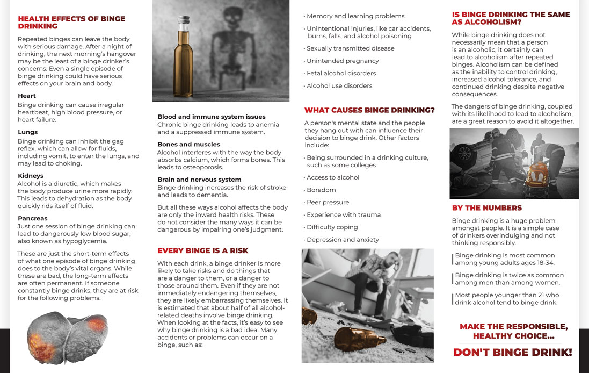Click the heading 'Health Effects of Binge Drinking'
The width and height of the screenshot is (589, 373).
(x=71, y=22)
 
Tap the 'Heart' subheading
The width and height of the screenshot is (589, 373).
(x=27, y=96)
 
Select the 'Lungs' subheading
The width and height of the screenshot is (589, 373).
(x=28, y=132)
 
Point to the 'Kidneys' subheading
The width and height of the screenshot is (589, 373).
(x=31, y=176)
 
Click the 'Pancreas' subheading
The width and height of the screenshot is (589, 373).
(x=33, y=218)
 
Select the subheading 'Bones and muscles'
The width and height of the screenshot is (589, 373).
(x=188, y=144)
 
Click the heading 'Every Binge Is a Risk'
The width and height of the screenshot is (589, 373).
(x=202, y=250)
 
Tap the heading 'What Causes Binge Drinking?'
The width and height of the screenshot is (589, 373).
(x=369, y=110)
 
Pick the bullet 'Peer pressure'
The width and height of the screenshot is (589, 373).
(x=328, y=202)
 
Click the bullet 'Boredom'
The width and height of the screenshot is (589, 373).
(x=321, y=190)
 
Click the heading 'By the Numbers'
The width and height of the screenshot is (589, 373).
(x=486, y=208)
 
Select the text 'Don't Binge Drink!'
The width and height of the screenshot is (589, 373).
(x=513, y=353)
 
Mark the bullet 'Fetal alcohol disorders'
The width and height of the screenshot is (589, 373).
(x=341, y=73)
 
